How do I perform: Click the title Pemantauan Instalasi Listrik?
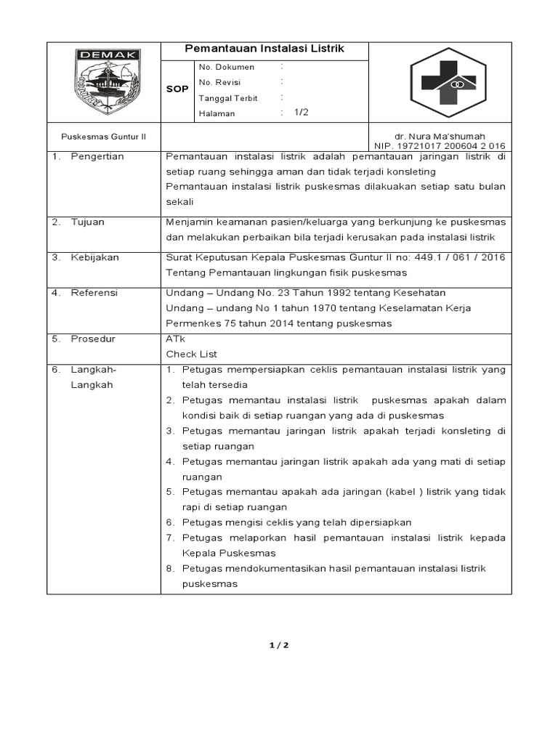tap(264, 49)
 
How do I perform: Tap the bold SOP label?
tap(178, 89)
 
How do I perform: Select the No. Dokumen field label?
tap(227, 66)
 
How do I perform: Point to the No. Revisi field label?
tap(220, 82)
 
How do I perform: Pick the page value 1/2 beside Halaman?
tap(302, 113)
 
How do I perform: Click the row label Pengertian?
tap(97, 156)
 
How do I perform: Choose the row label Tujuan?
tap(87, 222)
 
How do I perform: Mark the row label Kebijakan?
tap(94, 257)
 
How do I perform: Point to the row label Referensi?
tap(94, 293)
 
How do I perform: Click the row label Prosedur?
tap(93, 339)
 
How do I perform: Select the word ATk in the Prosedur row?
tap(176, 339)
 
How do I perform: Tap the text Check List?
tap(192, 354)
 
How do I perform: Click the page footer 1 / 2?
tap(279, 644)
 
